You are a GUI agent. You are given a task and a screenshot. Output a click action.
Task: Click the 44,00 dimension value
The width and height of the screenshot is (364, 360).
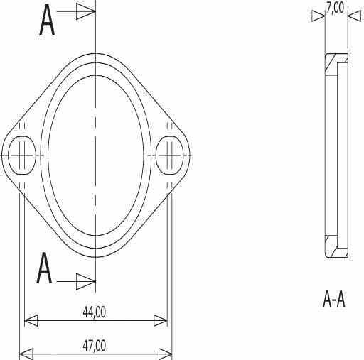95,312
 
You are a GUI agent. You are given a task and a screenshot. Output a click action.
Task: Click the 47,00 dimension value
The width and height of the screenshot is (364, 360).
95,346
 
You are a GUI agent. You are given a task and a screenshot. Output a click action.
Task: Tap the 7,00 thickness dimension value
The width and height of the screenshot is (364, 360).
335,8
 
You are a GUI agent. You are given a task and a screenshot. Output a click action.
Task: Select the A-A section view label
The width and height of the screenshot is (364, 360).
334,299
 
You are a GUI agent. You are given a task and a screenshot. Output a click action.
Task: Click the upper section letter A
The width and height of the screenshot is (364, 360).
47,20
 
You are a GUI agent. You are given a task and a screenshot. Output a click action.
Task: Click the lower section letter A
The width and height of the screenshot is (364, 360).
44,268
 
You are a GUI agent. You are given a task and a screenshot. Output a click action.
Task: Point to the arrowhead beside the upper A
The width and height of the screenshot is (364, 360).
86,11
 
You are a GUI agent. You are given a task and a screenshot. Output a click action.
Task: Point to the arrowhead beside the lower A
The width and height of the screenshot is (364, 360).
86,281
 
